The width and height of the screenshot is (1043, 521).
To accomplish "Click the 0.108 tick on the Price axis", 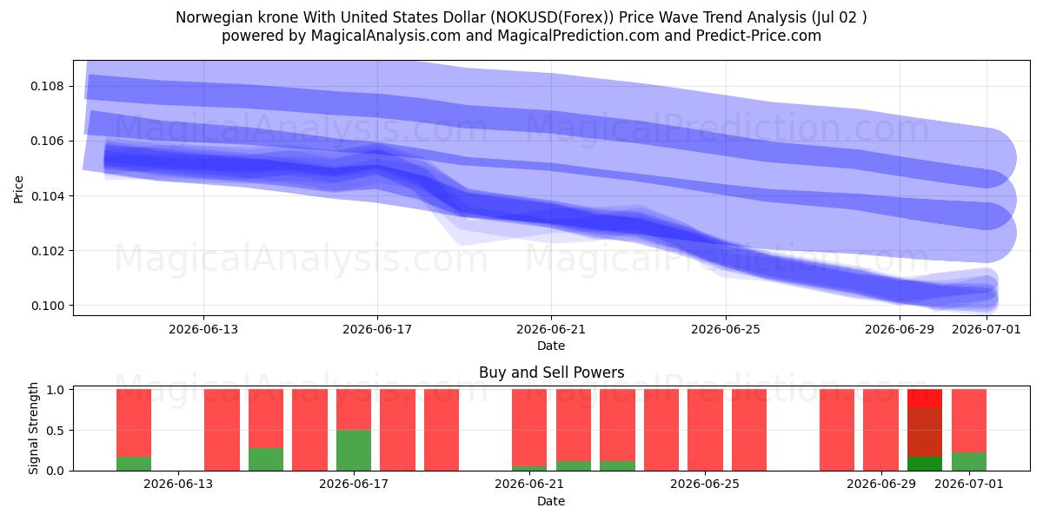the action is point(47,87).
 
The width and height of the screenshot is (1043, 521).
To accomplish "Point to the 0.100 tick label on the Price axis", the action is point(47,306).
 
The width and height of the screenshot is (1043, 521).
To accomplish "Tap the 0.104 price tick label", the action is point(47,196).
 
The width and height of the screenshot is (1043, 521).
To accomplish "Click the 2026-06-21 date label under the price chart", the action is point(551,329).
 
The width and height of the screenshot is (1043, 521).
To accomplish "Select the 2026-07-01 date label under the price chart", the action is point(987,329).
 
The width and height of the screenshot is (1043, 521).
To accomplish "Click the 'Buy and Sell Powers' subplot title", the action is point(551,373).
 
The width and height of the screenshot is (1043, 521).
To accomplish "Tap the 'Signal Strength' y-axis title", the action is point(33,428).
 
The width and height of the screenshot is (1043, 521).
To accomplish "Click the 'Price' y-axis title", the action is point(18,189).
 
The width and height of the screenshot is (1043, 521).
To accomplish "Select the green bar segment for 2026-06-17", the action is point(354,451).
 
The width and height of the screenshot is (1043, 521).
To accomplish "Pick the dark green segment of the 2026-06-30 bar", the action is point(925,464).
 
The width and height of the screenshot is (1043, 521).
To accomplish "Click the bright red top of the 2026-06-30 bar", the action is point(925,399).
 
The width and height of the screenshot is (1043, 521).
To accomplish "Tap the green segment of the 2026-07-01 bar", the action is point(969,461).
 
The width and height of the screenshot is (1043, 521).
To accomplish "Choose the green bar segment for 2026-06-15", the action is point(266,459).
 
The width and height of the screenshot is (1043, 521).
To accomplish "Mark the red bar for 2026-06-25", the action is point(705,430).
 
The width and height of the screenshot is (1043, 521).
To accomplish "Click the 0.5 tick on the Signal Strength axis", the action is point(56,431).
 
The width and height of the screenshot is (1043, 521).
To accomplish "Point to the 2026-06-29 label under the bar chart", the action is point(881,485).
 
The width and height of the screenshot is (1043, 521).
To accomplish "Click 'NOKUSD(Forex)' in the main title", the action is point(552,17).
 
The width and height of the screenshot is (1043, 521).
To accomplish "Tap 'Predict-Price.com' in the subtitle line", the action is point(759,36).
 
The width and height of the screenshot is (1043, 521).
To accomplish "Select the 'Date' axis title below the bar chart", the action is point(551,501).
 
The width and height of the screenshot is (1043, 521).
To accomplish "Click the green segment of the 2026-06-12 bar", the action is point(134,464).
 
